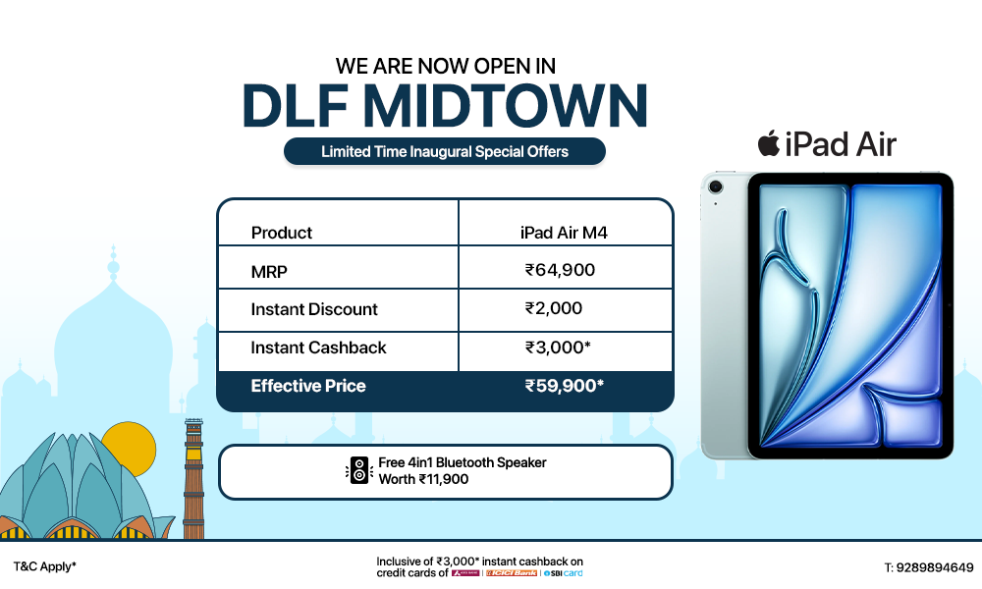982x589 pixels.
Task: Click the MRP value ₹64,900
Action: pos(560,270)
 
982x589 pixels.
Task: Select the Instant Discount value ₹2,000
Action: pos(554,308)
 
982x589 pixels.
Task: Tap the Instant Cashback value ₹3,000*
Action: pos(558,348)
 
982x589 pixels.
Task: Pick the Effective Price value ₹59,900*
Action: pos(564,386)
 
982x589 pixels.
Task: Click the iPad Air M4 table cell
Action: pos(565,233)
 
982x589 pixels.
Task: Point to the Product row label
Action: pos(282,233)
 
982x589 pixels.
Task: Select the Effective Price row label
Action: pos(308,386)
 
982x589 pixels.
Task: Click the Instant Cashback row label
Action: pos(318,348)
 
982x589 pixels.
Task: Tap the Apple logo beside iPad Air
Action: pos(768,144)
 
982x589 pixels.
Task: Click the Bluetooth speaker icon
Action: pos(359,470)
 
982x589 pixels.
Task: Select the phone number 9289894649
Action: pos(928,567)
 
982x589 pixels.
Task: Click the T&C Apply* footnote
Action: pos(44,567)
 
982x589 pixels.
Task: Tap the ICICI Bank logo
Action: pos(513,572)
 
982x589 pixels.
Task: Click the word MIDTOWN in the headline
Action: pos(508,106)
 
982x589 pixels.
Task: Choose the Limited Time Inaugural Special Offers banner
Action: pos(445,151)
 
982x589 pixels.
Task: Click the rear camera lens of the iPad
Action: pos(714,187)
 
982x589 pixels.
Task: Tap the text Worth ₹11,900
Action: pos(424,479)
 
